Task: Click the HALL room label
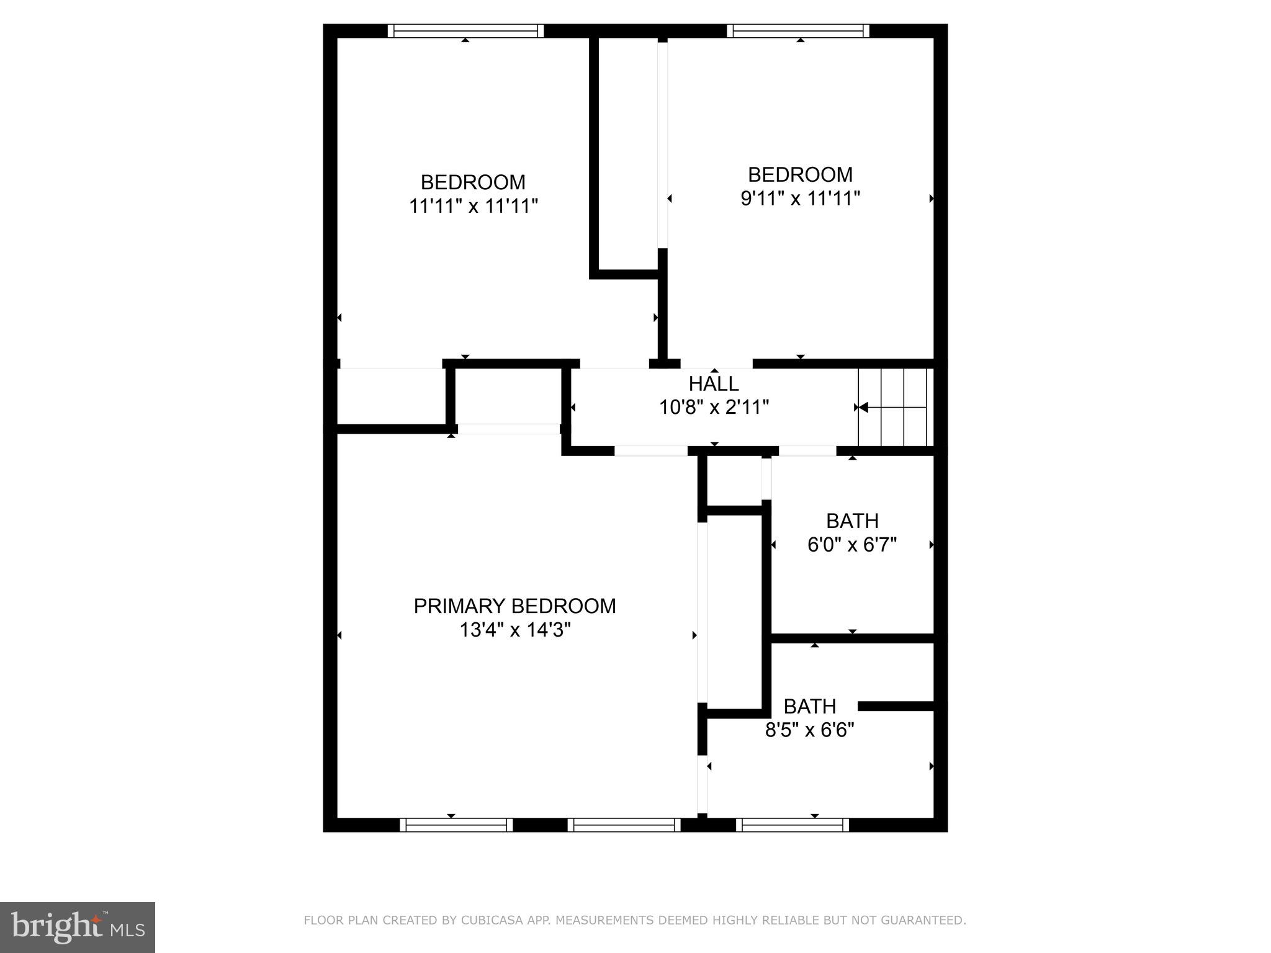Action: (713, 383)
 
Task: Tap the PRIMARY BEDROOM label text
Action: (514, 606)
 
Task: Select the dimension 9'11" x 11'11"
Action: (800, 199)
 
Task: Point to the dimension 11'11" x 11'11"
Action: (473, 206)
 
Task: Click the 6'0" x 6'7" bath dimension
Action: (851, 545)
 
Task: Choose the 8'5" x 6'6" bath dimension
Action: (809, 730)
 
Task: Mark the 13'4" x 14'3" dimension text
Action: (514, 630)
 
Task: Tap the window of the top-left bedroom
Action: (465, 31)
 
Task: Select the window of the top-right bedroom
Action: (797, 31)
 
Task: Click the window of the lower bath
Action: (793, 825)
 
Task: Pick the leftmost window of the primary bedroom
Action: (456, 825)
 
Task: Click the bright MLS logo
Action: (78, 927)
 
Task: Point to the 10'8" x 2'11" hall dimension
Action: (714, 408)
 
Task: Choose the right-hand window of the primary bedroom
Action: (624, 825)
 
